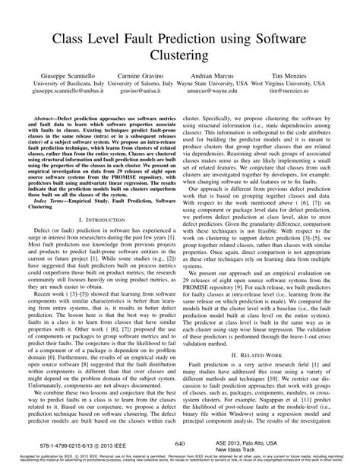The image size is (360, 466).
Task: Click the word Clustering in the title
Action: pyautogui.click(x=179, y=55)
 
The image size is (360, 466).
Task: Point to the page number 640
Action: pyautogui.click(x=180, y=442)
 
